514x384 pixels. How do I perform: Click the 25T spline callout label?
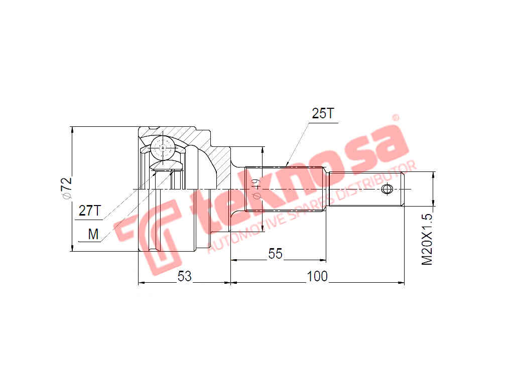pos(322,114)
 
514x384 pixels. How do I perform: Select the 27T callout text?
pos(90,211)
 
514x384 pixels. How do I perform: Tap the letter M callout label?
pos(93,234)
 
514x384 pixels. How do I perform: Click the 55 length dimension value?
pos(275,254)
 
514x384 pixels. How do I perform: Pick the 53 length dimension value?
pos(184,276)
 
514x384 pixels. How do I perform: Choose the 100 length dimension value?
pos(317,276)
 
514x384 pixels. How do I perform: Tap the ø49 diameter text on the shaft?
pos(255,188)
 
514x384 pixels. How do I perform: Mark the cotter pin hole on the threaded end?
pos(387,189)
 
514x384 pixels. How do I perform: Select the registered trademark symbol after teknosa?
pos(395,118)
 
